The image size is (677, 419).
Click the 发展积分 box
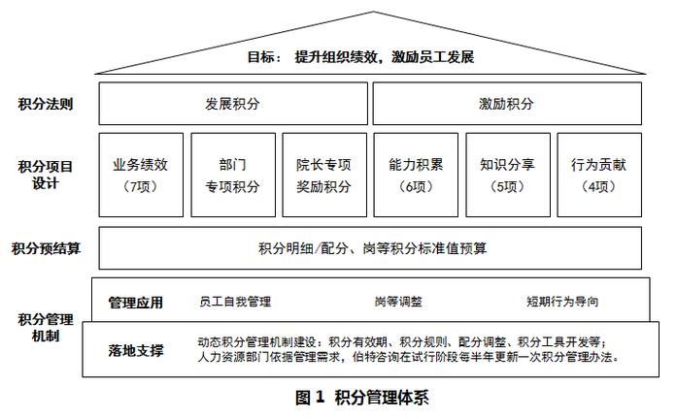(x=232, y=103)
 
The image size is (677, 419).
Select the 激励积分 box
(x=506, y=103)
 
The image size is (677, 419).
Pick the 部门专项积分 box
(x=232, y=174)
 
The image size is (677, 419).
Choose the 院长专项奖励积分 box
(x=323, y=174)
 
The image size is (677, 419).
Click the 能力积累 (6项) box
(x=416, y=174)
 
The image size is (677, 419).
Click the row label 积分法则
(x=45, y=103)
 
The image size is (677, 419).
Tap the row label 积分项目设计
(x=45, y=174)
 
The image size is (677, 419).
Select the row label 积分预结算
(x=46, y=248)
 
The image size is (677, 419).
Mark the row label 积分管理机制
(x=45, y=327)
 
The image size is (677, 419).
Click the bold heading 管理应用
(x=135, y=303)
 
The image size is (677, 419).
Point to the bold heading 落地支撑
(x=135, y=350)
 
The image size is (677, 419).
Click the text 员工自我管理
(x=234, y=303)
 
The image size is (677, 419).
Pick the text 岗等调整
(x=398, y=303)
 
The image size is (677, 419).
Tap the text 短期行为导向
(x=562, y=303)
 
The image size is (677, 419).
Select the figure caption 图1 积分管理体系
(x=361, y=397)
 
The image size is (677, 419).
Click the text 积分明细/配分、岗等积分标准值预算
(x=372, y=248)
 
